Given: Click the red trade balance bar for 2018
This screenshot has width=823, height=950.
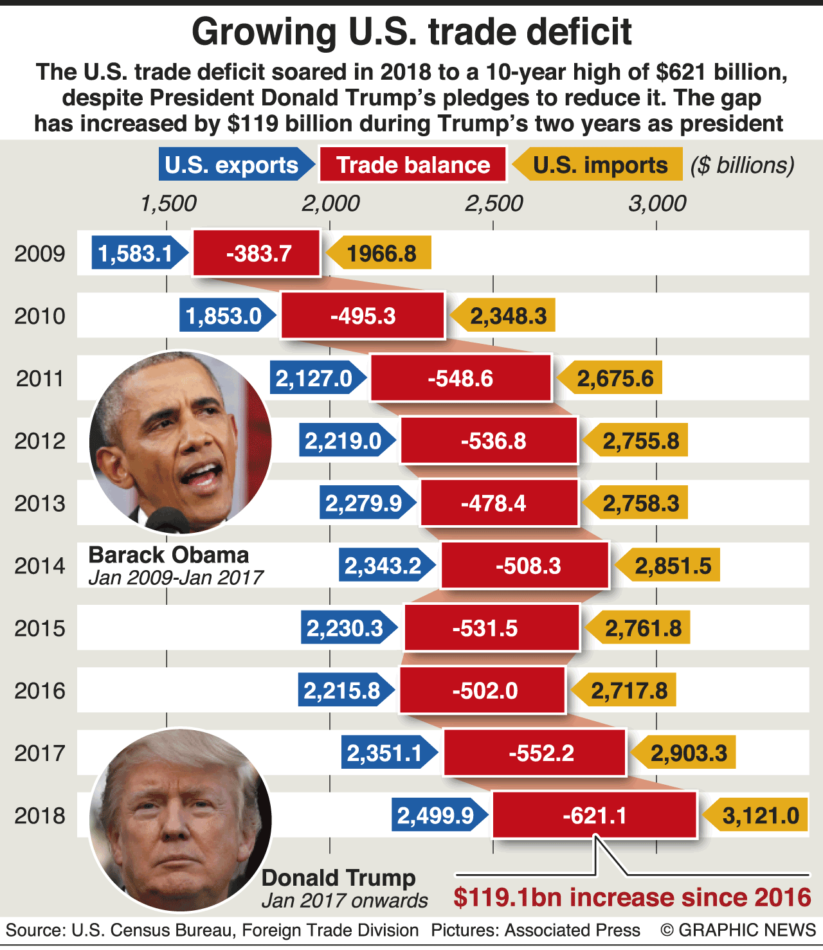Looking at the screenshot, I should click(x=594, y=815).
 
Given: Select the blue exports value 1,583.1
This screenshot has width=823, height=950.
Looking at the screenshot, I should click(x=136, y=253).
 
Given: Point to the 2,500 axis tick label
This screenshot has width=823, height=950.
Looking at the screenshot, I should click(x=494, y=203).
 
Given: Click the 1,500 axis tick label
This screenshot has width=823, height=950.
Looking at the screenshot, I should click(x=168, y=203).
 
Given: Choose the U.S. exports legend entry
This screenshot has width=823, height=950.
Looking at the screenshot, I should click(x=232, y=165).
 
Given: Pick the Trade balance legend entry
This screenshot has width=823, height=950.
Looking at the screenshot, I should click(x=413, y=165).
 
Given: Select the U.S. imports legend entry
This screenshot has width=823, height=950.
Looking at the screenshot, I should click(x=600, y=165).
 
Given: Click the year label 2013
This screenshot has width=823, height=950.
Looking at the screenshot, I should click(x=40, y=503).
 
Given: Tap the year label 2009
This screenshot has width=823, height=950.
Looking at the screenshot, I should click(x=40, y=253).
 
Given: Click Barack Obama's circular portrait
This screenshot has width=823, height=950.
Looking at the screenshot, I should click(x=181, y=442).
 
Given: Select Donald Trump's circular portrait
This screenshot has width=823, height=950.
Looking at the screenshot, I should click(x=181, y=820).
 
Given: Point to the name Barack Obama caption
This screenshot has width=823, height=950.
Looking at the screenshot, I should click(x=168, y=555).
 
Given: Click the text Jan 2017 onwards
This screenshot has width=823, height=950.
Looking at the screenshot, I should click(x=345, y=901).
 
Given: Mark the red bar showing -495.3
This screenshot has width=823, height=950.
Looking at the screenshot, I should click(x=363, y=316).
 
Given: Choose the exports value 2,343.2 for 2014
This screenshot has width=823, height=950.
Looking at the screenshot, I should click(x=383, y=566).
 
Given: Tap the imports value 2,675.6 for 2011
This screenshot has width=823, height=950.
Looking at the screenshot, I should click(x=615, y=379).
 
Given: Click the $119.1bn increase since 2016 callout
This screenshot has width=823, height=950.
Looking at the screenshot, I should click(x=632, y=897).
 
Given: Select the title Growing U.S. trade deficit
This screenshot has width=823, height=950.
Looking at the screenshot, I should click(x=411, y=31).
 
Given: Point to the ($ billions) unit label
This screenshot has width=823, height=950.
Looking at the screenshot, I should click(x=743, y=165).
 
